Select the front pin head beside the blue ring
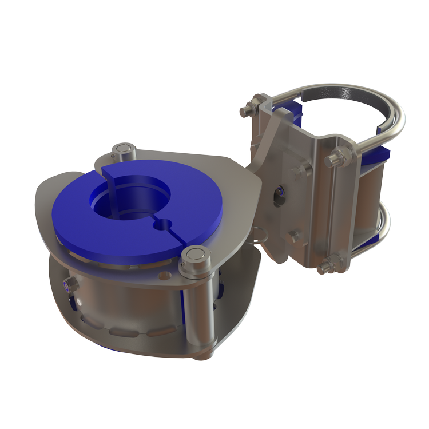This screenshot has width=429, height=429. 194,257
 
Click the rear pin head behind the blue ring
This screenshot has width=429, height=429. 124,150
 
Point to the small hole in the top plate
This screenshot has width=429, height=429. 166,275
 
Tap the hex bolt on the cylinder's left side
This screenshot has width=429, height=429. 68,284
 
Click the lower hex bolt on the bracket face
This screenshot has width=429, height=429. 293,235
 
